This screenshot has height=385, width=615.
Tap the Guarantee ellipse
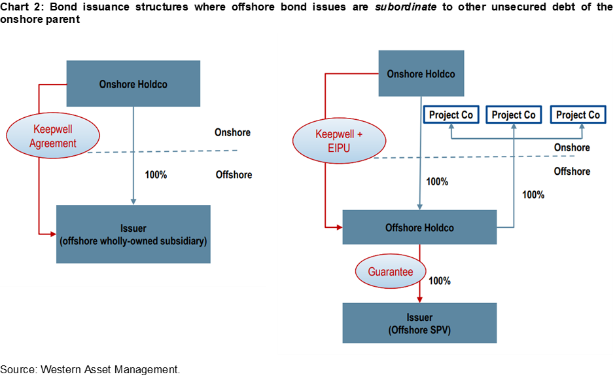(390, 271)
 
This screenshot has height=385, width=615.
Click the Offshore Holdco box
(419, 228)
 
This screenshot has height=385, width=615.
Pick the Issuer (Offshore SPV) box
(419, 323)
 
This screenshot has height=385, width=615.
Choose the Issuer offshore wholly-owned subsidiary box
(133, 234)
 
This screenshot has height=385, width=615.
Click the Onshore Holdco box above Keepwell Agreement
(133, 84)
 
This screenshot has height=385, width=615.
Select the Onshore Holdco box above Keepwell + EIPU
(420, 73)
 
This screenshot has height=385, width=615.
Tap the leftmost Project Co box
(451, 115)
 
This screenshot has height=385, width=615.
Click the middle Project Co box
(514, 115)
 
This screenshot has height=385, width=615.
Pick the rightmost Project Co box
(578, 115)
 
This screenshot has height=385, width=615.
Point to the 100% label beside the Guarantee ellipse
(439, 281)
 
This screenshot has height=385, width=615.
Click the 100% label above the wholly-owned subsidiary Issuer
(156, 175)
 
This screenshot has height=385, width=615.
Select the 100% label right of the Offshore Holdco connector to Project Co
(533, 194)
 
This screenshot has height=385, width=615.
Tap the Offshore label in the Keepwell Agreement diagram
(234, 175)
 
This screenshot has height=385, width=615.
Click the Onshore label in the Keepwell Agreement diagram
(232, 132)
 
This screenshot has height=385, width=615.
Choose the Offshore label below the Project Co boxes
(572, 171)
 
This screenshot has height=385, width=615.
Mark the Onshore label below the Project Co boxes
(572, 147)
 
